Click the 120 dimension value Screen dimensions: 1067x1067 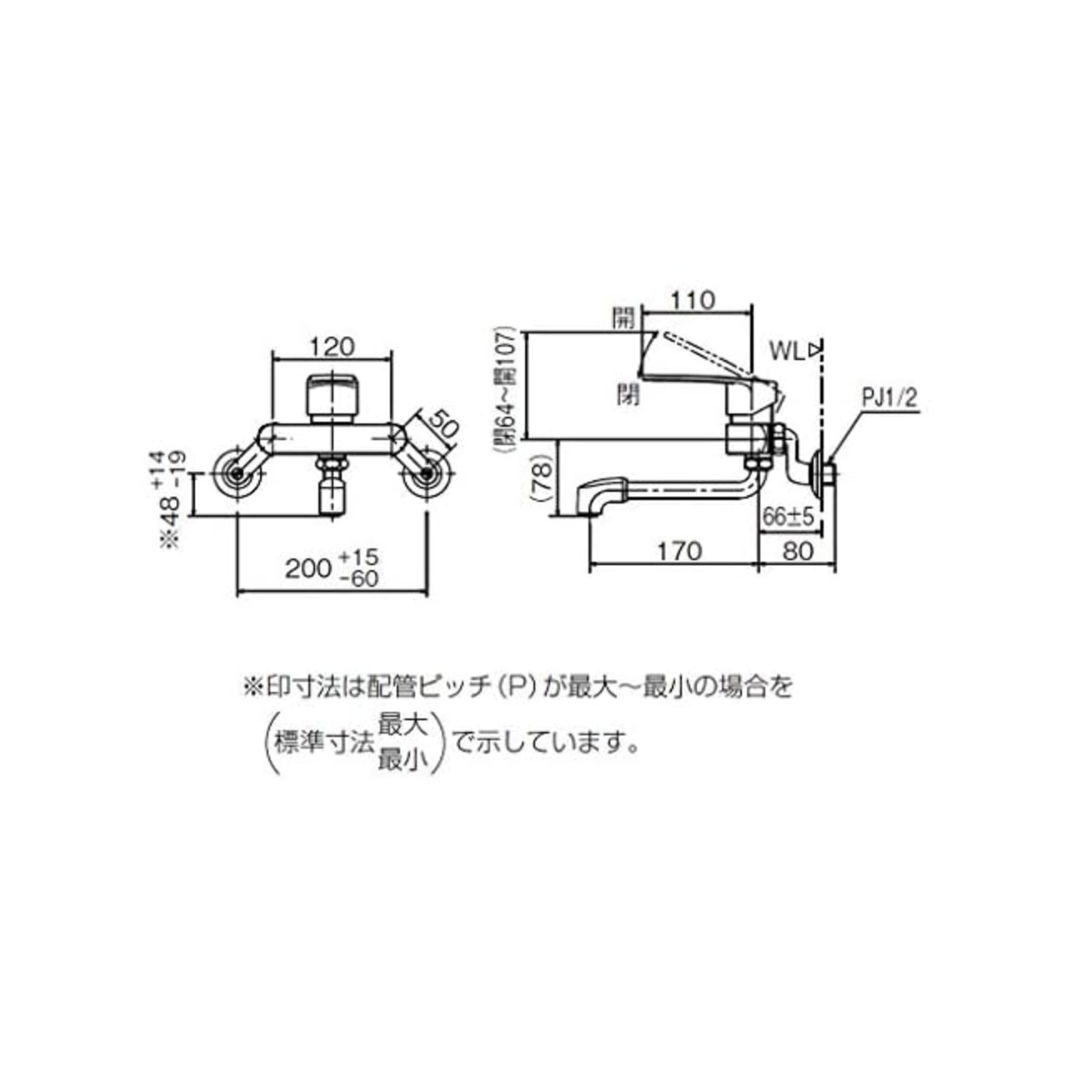pyautogui.click(x=331, y=347)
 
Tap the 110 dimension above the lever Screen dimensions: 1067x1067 pyautogui.click(x=694, y=301)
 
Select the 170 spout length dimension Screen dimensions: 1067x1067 pyautogui.click(x=680, y=551)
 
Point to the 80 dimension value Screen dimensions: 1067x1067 pyautogui.click(x=799, y=551)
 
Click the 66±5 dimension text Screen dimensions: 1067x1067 pyautogui.click(x=788, y=518)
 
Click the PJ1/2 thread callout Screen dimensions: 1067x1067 pyautogui.click(x=889, y=399)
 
